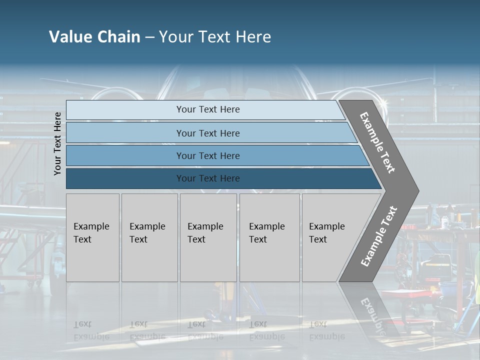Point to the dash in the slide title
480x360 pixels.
click(x=149, y=37)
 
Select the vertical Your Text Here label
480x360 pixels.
click(x=57, y=143)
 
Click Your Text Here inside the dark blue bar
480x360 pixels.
click(x=208, y=178)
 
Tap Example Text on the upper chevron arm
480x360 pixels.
click(x=378, y=142)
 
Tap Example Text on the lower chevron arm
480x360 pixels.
click(x=379, y=236)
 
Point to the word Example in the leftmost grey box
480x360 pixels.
click(x=91, y=226)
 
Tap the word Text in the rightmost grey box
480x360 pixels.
click(x=317, y=239)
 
